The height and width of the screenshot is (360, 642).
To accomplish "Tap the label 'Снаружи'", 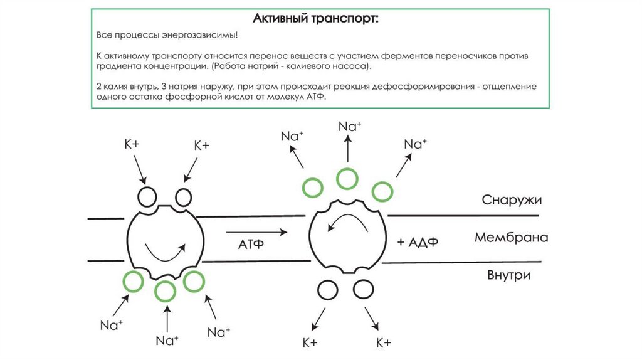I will [x=511, y=200].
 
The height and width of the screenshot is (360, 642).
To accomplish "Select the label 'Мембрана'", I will [x=511, y=238].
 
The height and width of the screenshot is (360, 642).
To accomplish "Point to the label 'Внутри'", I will [x=508, y=275].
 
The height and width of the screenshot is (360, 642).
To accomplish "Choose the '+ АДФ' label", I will [x=417, y=242].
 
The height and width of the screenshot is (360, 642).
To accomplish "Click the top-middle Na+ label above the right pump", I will [x=349, y=126].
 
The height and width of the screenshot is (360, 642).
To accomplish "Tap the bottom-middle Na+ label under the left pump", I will [x=167, y=340].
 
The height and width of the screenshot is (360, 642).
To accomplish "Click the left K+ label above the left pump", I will [x=132, y=145].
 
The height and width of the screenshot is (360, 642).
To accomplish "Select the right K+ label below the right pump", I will [x=384, y=342].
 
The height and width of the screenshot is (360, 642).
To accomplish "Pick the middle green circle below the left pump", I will [x=166, y=291].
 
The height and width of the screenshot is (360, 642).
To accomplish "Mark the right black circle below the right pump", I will [x=363, y=289].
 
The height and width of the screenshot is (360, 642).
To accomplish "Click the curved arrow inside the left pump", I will [x=165, y=251].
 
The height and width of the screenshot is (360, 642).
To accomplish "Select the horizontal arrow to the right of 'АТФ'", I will [x=263, y=232].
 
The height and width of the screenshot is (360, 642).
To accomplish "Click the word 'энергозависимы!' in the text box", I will [x=203, y=36].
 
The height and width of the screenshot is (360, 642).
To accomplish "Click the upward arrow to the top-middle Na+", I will [x=347, y=149].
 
